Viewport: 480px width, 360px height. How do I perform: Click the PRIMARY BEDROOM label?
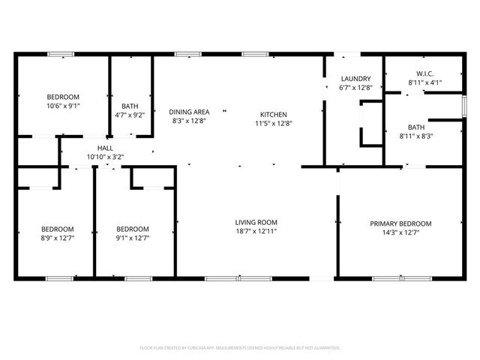(400, 223)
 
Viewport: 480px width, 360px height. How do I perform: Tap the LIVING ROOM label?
(256, 222)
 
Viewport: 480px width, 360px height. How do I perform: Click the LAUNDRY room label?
(355, 79)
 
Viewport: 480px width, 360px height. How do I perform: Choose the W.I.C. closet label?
(424, 73)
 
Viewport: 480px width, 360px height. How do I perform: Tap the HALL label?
(104, 148)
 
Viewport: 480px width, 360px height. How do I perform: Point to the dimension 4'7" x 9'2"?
(129, 115)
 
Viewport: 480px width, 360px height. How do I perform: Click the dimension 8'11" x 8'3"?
(416, 136)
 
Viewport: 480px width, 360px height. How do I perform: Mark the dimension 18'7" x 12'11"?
(256, 232)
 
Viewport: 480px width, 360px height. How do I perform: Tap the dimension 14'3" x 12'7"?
(400, 232)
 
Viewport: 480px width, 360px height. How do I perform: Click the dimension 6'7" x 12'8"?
(355, 88)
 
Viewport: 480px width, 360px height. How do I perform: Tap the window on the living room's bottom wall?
(228, 279)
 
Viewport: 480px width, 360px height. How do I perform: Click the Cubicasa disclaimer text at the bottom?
(240, 348)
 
